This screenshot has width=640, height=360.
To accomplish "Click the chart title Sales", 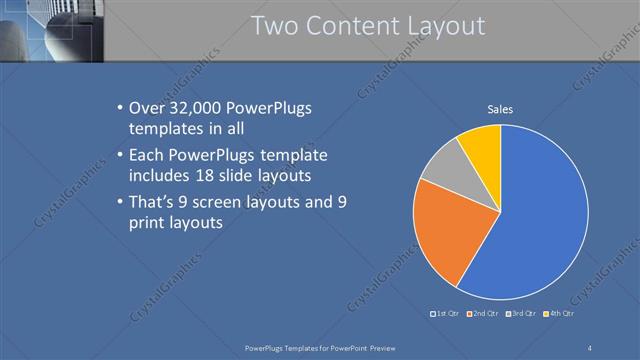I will coord(500,109).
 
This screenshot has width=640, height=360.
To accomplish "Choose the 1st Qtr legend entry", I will coord(445,314).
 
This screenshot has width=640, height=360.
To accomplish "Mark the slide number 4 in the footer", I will coord(590,347).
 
